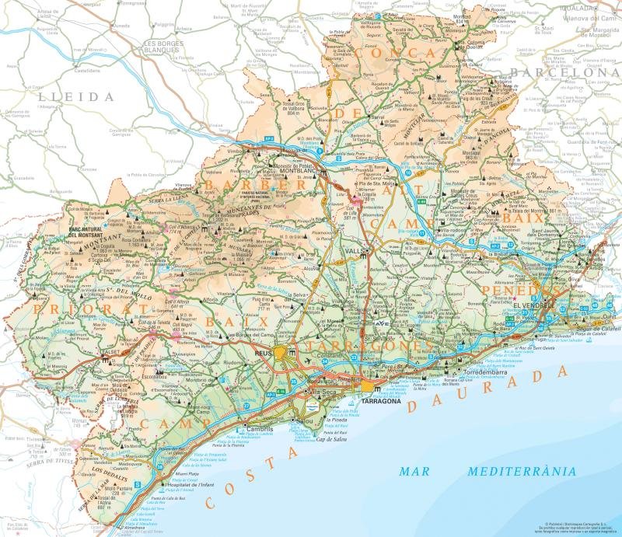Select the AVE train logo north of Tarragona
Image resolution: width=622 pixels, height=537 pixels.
click(x=380, y=323)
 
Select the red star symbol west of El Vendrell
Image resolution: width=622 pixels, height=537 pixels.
click(x=514, y=298)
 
